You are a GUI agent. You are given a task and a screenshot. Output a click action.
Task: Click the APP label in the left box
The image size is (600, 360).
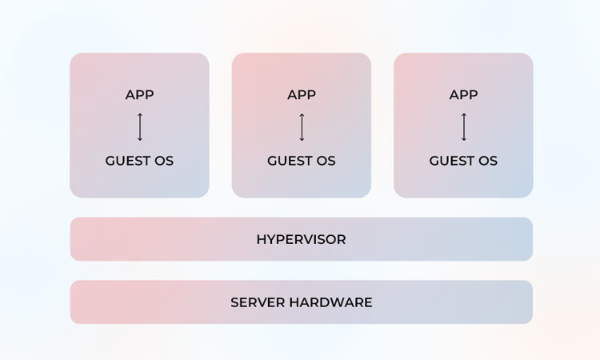point(139,95)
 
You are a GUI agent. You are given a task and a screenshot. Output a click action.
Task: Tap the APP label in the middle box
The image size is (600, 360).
point(302,95)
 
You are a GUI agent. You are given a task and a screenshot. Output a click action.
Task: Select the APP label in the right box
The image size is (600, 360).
point(463,95)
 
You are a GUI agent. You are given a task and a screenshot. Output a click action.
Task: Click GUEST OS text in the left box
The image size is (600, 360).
point(139,161)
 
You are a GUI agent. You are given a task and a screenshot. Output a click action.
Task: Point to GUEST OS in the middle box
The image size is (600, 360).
point(302,161)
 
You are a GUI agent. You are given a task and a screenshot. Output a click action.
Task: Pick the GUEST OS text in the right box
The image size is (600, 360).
point(463,161)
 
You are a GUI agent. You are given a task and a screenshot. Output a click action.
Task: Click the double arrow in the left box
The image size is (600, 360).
point(140,127)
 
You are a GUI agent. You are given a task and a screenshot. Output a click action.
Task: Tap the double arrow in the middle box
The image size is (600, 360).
point(302,127)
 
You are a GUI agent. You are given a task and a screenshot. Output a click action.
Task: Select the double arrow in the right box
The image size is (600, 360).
point(464,127)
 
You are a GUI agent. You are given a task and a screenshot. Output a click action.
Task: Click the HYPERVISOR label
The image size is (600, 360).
point(301,239)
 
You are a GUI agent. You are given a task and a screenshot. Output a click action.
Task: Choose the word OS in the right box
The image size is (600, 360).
point(487,161)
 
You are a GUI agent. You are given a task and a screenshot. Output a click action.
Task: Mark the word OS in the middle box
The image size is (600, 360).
point(326,161)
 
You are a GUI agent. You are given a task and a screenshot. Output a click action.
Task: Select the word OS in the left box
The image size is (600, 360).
point(163,161)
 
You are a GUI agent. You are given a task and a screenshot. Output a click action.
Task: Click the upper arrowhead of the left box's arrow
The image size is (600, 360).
point(140,115)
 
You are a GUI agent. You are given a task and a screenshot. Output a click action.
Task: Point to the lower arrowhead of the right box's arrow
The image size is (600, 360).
point(464,139)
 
